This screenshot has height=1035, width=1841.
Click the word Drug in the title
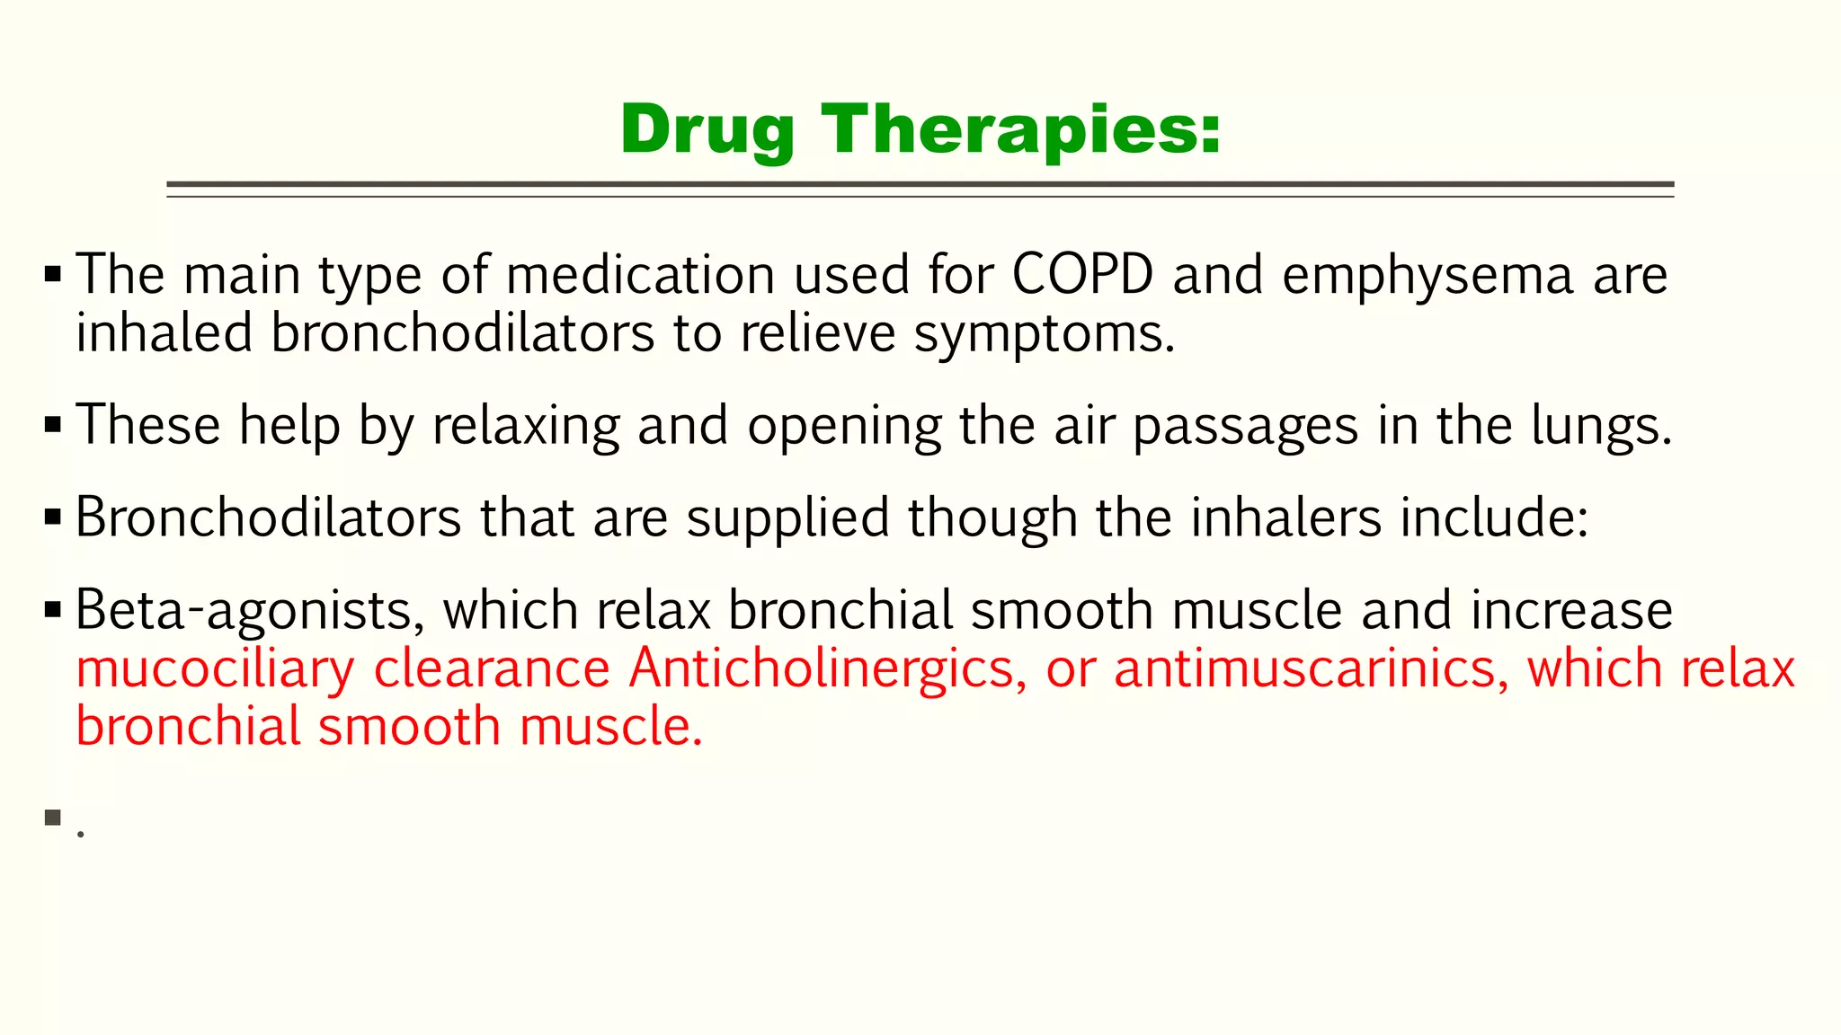pos(707,130)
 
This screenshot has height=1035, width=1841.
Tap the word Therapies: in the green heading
pos(1020,130)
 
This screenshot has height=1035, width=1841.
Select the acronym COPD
pos(1082,274)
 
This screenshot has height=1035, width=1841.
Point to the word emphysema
pos(1427,276)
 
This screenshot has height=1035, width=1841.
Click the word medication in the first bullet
pos(640,274)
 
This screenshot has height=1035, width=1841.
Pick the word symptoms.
pos(1045,334)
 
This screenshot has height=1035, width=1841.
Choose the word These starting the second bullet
pos(148,425)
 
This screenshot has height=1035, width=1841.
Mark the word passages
pos(1245,427)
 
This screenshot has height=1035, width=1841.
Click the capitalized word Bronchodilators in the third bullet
pos(268,517)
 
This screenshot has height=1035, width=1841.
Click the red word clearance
pos(492,668)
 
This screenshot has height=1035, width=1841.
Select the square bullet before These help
pos(53,424)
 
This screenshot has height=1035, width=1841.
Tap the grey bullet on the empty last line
pos(53,818)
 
